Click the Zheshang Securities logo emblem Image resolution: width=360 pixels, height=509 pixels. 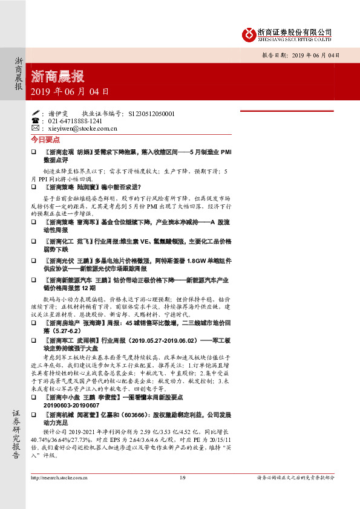point(247,34)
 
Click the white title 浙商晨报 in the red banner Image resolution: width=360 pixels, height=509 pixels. point(57,76)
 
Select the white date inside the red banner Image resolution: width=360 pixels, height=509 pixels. point(70,92)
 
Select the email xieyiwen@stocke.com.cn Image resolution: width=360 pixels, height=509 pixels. point(82,129)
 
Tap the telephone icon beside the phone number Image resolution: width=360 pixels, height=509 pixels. point(35,121)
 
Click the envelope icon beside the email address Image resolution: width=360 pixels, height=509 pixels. point(35,129)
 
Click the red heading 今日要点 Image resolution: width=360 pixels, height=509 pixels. point(46,139)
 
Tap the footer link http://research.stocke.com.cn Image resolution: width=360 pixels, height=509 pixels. point(58,494)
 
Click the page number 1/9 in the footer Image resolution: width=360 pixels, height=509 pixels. point(182,494)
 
